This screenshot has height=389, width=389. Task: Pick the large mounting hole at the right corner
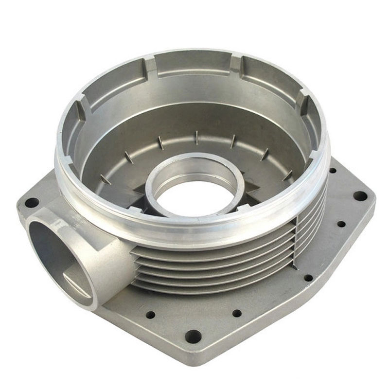click(360, 196)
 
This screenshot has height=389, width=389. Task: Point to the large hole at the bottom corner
click(193, 336)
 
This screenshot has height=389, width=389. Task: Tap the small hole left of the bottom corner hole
click(151, 315)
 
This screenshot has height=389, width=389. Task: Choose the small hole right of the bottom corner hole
click(237, 313)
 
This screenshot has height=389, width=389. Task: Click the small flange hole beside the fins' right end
click(308, 278)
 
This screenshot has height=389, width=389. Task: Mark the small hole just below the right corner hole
click(341, 224)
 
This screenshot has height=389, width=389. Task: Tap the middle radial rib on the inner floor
click(197, 138)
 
